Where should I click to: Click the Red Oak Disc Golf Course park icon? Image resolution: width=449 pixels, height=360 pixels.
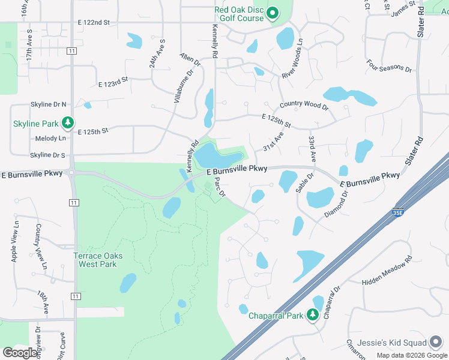pyautogui.click(x=273, y=13)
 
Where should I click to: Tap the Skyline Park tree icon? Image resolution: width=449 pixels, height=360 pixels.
pyautogui.click(x=68, y=124)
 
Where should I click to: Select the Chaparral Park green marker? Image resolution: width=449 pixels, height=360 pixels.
pyautogui.click(x=312, y=315)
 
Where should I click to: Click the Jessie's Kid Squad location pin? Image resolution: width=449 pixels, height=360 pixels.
pyautogui.click(x=436, y=343)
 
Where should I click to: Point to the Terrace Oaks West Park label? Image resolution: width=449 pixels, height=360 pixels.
pyautogui.click(x=98, y=260)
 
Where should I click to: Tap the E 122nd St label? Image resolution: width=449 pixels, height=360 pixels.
pyautogui.click(x=94, y=22)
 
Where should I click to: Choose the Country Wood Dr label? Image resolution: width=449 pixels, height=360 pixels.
pyautogui.click(x=304, y=105)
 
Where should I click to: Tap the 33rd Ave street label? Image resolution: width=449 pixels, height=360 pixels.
pyautogui.click(x=312, y=149)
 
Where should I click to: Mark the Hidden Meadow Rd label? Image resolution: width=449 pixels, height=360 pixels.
pyautogui.click(x=387, y=271)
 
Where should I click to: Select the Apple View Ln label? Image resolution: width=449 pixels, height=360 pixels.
pyautogui.click(x=14, y=242)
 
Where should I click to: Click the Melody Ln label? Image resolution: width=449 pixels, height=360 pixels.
pyautogui.click(x=51, y=138)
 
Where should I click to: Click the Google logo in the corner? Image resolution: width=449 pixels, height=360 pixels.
pyautogui.click(x=20, y=353)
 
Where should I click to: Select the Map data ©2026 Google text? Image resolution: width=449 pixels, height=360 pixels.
pyautogui.click(x=412, y=355)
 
